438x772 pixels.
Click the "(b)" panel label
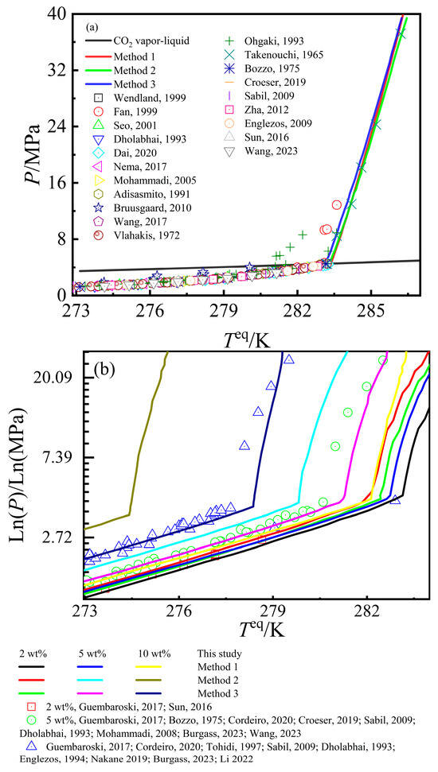(105, 369)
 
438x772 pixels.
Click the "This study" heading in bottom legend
(217, 654)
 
